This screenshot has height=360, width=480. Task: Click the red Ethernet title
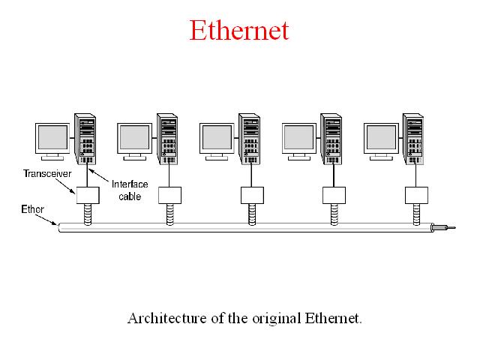click(239, 30)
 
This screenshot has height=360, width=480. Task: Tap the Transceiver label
click(47, 173)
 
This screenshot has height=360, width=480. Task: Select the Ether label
click(32, 209)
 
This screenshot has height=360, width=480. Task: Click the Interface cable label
click(130, 190)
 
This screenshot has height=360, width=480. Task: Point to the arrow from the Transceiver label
click(65, 186)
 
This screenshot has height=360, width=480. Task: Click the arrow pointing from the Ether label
click(46, 220)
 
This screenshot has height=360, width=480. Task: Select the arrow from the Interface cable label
click(98, 175)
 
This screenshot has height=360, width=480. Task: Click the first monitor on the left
click(52, 142)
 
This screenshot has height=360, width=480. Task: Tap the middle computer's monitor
click(217, 142)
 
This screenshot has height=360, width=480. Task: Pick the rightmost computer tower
click(413, 139)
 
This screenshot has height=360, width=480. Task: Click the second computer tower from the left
click(167, 139)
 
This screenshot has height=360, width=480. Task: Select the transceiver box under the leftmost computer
click(88, 195)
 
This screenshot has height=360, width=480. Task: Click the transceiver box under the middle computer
click(252, 195)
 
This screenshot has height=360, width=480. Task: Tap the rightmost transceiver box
click(417, 195)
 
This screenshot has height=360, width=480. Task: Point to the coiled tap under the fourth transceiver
click(334, 214)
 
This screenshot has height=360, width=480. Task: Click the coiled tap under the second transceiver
click(170, 214)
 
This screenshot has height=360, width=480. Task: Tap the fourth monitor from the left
click(299, 142)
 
